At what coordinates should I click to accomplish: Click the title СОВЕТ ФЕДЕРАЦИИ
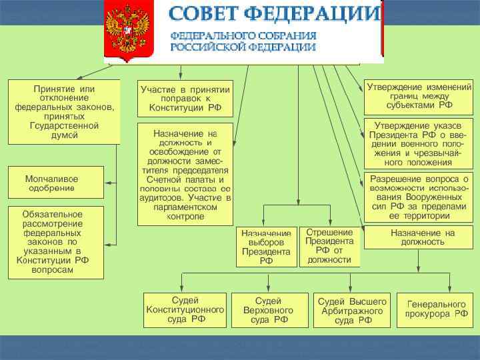(273, 14)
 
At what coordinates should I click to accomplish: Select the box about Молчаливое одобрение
(55, 183)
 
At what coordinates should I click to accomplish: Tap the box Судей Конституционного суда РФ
(185, 310)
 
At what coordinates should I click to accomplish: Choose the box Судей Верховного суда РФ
(269, 310)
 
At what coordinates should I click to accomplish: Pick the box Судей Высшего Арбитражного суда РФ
(353, 310)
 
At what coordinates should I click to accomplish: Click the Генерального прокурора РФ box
(437, 309)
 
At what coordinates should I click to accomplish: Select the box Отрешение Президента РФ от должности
(329, 246)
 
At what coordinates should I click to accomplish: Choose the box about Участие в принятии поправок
(185, 99)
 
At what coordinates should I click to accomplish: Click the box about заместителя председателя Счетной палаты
(185, 174)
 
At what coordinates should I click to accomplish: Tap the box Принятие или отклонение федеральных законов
(64, 111)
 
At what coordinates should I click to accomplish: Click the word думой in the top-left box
(65, 135)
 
